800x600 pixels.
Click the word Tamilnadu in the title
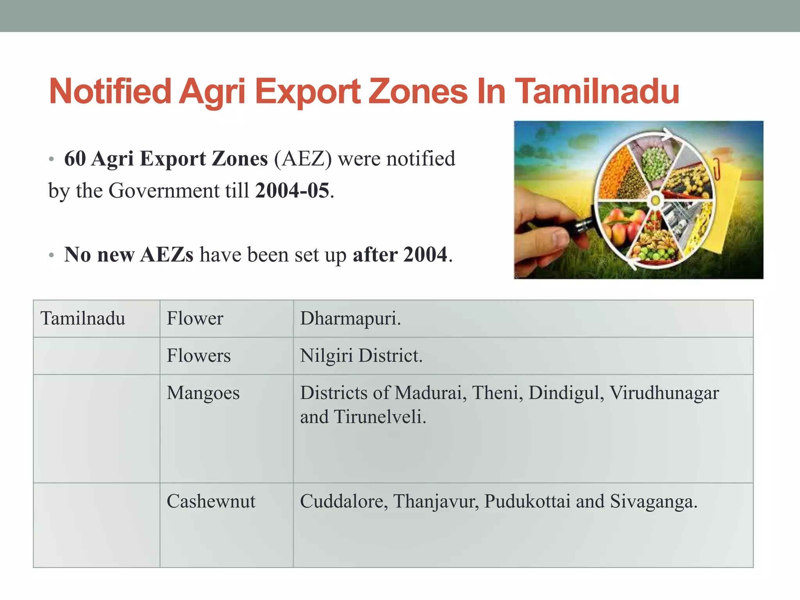coord(598,92)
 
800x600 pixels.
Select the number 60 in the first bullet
coord(75,159)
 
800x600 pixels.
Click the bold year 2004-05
coord(292,191)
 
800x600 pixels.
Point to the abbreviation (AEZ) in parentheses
coord(303,159)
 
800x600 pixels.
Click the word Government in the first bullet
coord(164,191)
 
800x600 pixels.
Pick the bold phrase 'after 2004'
coord(400,255)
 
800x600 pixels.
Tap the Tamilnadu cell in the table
coord(83,318)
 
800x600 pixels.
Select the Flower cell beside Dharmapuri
coord(195,318)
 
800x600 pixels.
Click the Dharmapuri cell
coord(350,318)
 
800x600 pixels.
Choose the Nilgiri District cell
coord(361,356)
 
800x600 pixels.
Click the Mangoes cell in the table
coord(203,393)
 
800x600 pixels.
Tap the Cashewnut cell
coord(211,501)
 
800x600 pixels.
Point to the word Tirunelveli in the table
coord(380,417)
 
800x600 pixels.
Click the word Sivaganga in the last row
coord(653,501)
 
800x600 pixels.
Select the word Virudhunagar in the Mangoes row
coord(664,393)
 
